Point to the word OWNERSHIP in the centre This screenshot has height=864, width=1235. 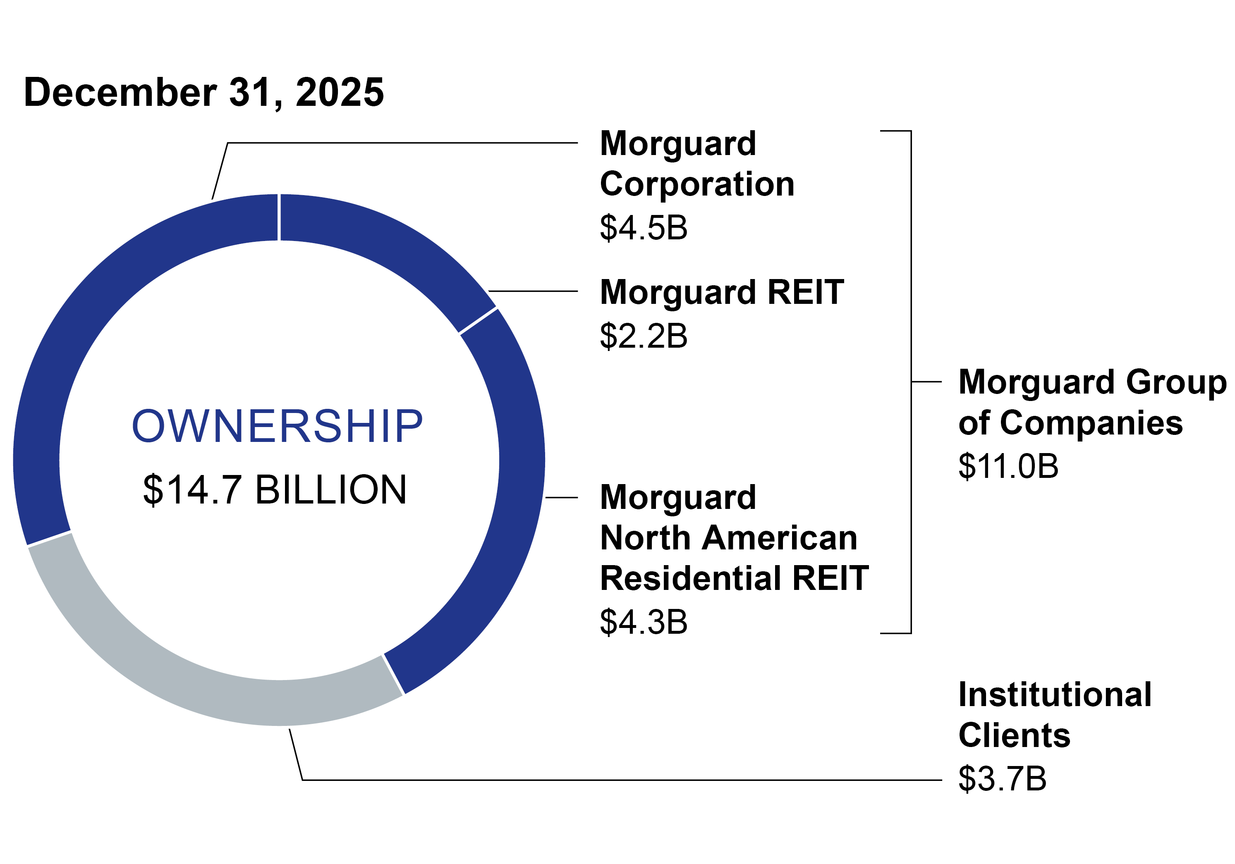point(277,426)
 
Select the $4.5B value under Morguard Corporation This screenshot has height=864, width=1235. point(643,227)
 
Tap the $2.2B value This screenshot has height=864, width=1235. point(643,336)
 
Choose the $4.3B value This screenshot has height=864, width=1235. point(643,622)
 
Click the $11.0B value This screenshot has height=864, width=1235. point(1008,466)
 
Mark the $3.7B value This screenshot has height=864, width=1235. point(1002,778)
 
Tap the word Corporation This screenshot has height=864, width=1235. point(696,184)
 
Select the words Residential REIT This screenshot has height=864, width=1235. point(734,578)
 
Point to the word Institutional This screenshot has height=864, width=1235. point(1055,694)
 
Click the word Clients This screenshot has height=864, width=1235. point(1014,735)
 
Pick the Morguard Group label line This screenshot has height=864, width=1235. point(1092,382)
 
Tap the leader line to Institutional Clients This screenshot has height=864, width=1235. point(592,780)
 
